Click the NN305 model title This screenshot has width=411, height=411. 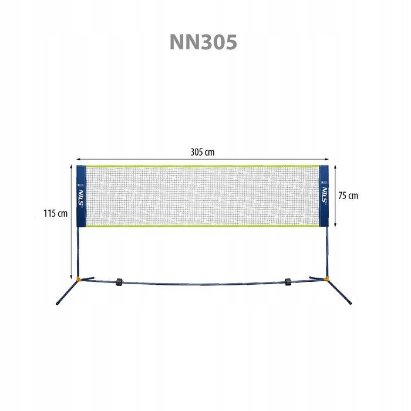pos(203,42)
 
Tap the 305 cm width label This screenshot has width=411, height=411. pos(203,152)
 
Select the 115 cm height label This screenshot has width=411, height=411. pos(55,213)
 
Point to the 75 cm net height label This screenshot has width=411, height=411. pos(348,196)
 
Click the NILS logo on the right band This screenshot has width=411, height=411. pos(325,195)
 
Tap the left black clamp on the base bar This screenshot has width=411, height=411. pos(119,282)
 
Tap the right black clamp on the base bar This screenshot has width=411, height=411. pos(288,282)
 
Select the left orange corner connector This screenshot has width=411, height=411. pos(78,279)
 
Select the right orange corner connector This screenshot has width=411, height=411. pos(326,279)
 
